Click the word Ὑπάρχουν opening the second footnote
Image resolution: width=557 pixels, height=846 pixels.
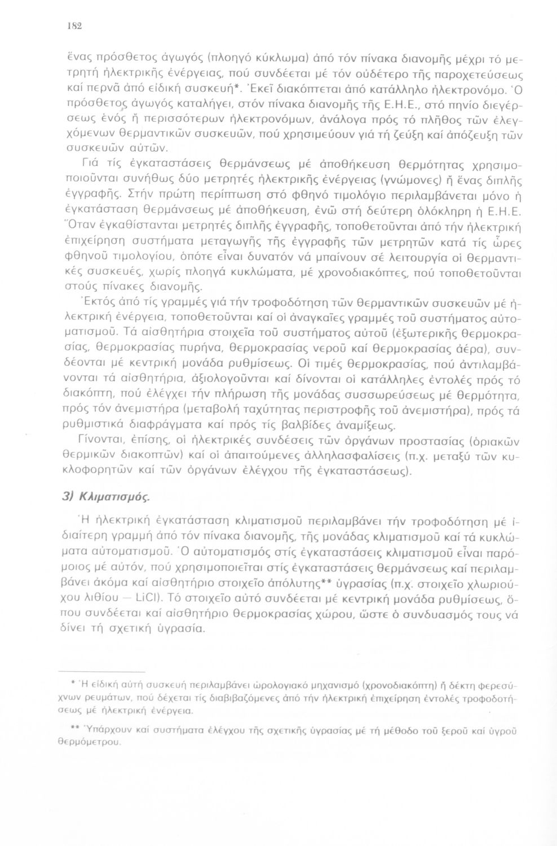102,731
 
